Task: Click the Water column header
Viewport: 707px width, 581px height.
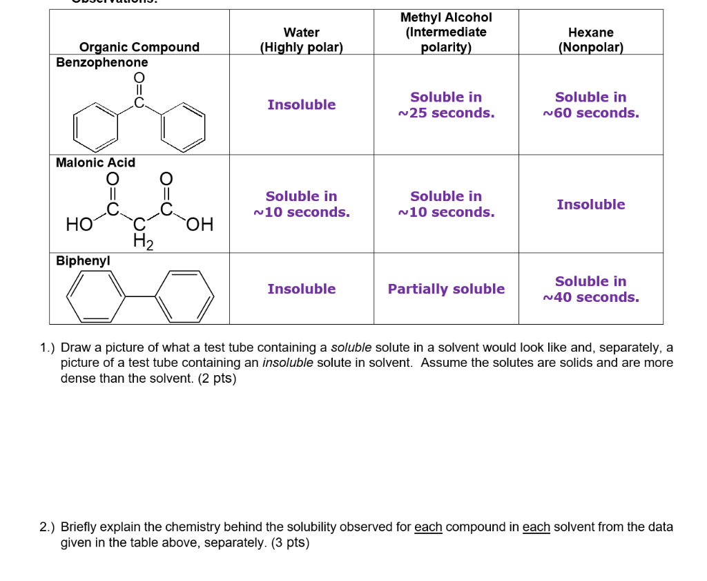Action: (x=301, y=40)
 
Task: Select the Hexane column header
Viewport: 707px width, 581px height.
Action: (x=590, y=40)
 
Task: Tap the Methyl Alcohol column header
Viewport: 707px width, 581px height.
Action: (x=446, y=32)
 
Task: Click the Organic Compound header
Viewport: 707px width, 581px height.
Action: (x=139, y=47)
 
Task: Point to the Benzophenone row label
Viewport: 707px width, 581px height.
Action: (x=102, y=62)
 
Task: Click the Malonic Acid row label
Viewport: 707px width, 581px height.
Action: (x=95, y=162)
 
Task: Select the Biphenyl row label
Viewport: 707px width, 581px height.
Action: (x=83, y=260)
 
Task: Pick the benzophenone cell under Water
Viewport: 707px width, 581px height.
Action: (x=302, y=105)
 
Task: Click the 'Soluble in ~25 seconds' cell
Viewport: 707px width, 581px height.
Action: (x=446, y=105)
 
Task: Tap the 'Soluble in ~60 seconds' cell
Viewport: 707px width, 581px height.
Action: (x=591, y=105)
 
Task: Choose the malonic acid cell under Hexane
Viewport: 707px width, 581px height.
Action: (x=591, y=204)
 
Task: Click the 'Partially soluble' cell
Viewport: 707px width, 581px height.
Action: (x=446, y=289)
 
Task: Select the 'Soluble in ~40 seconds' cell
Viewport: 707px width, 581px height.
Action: (x=591, y=289)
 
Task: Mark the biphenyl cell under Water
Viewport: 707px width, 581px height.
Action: (x=302, y=289)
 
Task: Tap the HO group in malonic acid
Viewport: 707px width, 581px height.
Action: (x=77, y=225)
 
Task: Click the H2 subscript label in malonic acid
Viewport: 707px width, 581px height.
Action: (x=142, y=241)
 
